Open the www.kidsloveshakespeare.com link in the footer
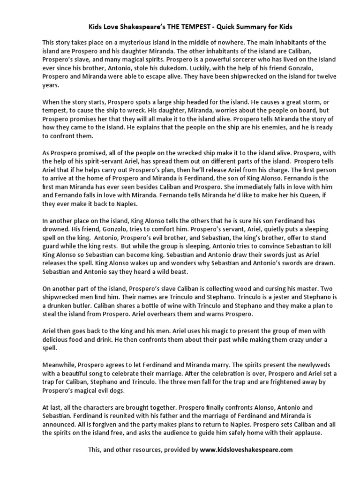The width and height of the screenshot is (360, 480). pos(247,450)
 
